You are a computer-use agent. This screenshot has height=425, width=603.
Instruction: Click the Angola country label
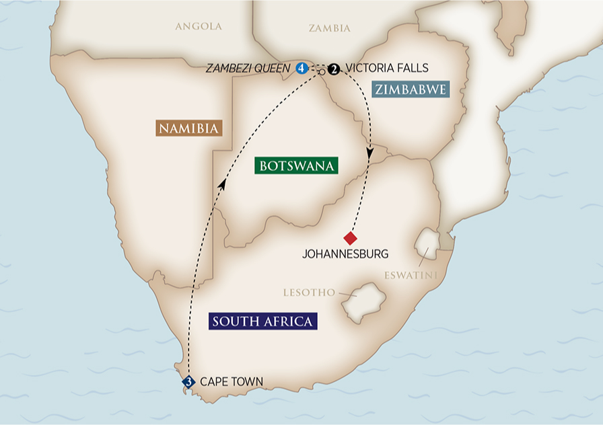(x=198, y=27)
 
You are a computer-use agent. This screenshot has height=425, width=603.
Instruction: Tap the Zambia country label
(x=329, y=28)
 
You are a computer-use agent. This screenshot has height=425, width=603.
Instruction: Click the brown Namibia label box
(x=189, y=128)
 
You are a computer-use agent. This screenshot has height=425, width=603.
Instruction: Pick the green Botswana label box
(x=296, y=165)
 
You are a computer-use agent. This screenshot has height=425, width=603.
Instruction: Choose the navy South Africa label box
(x=262, y=321)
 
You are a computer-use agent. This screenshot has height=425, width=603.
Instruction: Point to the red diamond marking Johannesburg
(x=350, y=238)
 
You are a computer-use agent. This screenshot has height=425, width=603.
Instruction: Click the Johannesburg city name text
(x=346, y=254)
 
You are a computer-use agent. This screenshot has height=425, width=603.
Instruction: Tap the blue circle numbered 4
(x=302, y=68)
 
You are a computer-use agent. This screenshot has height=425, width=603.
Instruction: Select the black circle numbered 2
(x=334, y=68)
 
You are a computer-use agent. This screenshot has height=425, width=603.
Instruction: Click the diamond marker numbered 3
(x=189, y=382)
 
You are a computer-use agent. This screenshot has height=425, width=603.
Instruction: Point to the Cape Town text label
(x=232, y=382)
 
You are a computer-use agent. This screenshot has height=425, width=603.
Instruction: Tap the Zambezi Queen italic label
(x=249, y=68)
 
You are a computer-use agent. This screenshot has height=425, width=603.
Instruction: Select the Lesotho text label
(x=309, y=293)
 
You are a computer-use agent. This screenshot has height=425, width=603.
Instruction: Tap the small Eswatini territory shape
(x=427, y=243)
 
